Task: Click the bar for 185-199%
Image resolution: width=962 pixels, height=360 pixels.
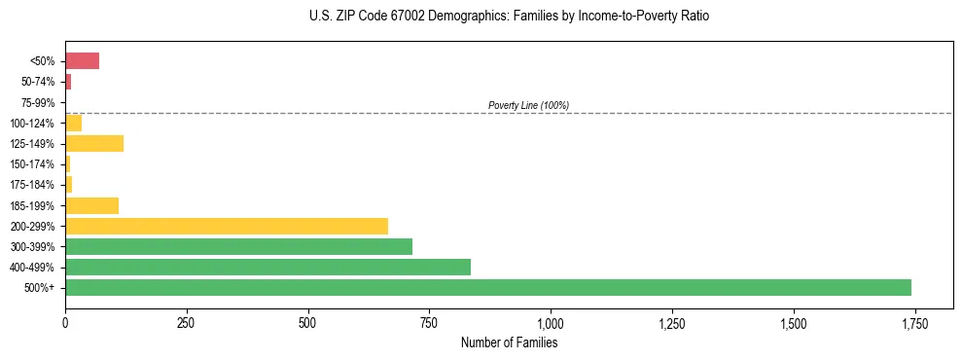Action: [x=91, y=205]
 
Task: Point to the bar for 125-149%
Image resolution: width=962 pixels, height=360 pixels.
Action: [x=94, y=144]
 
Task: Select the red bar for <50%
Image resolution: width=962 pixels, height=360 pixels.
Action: [x=82, y=61]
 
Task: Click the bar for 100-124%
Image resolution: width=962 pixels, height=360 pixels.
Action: [x=73, y=124]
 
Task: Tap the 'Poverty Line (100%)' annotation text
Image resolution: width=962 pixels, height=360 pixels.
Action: [x=528, y=105]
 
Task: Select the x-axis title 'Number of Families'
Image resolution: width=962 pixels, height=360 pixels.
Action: [x=510, y=342]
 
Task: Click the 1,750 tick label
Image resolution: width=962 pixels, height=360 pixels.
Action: [x=914, y=322]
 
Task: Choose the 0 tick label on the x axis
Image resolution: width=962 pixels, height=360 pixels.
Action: [x=65, y=322]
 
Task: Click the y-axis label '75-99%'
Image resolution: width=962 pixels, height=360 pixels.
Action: [x=39, y=103]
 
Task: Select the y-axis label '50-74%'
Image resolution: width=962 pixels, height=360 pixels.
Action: [x=39, y=83]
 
